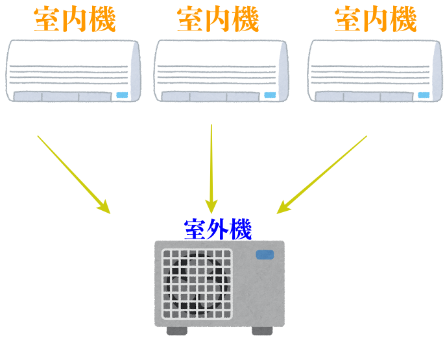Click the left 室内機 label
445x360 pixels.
tap(75, 19)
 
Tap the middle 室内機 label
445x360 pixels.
tap(218, 19)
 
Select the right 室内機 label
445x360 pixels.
tap(376, 19)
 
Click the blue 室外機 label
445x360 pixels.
tap(218, 229)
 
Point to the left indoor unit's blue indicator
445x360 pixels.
tap(122, 95)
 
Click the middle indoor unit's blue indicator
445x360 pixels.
tap(270, 95)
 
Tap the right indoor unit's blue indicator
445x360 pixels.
tap(424, 95)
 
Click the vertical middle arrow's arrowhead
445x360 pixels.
tap(211, 206)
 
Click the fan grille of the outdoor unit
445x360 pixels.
tap(197, 283)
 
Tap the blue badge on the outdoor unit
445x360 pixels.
tap(265, 254)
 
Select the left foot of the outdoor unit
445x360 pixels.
tap(177, 331)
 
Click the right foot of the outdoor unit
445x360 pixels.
tap(262, 331)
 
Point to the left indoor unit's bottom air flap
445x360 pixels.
tap(62, 97)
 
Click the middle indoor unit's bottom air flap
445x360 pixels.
tap(210, 97)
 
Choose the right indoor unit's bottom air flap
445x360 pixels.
tap(364, 97)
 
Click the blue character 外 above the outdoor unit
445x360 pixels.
tap(218, 229)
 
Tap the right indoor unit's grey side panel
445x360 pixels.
tap(437, 71)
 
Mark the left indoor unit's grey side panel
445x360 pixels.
tap(136, 71)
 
